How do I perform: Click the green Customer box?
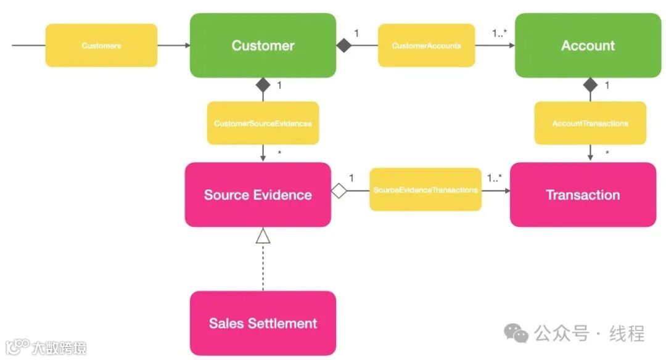(263, 46)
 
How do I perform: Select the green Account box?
(588, 46)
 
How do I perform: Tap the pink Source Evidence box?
(258, 195)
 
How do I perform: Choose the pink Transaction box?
(583, 195)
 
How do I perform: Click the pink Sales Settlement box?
(263, 323)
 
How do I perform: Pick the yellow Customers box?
(101, 46)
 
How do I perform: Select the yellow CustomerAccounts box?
(426, 46)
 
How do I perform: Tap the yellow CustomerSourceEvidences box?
(263, 123)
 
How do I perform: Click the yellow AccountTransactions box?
(590, 123)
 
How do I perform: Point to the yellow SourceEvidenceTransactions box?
(425, 190)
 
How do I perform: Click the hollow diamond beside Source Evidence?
(339, 190)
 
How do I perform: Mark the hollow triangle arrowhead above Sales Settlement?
(263, 235)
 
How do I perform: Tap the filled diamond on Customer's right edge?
(343, 45)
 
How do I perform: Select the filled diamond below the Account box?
(591, 85)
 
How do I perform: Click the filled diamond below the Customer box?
(263, 85)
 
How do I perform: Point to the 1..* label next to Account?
(501, 33)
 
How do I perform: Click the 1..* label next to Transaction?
(495, 178)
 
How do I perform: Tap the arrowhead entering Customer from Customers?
(186, 45)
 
